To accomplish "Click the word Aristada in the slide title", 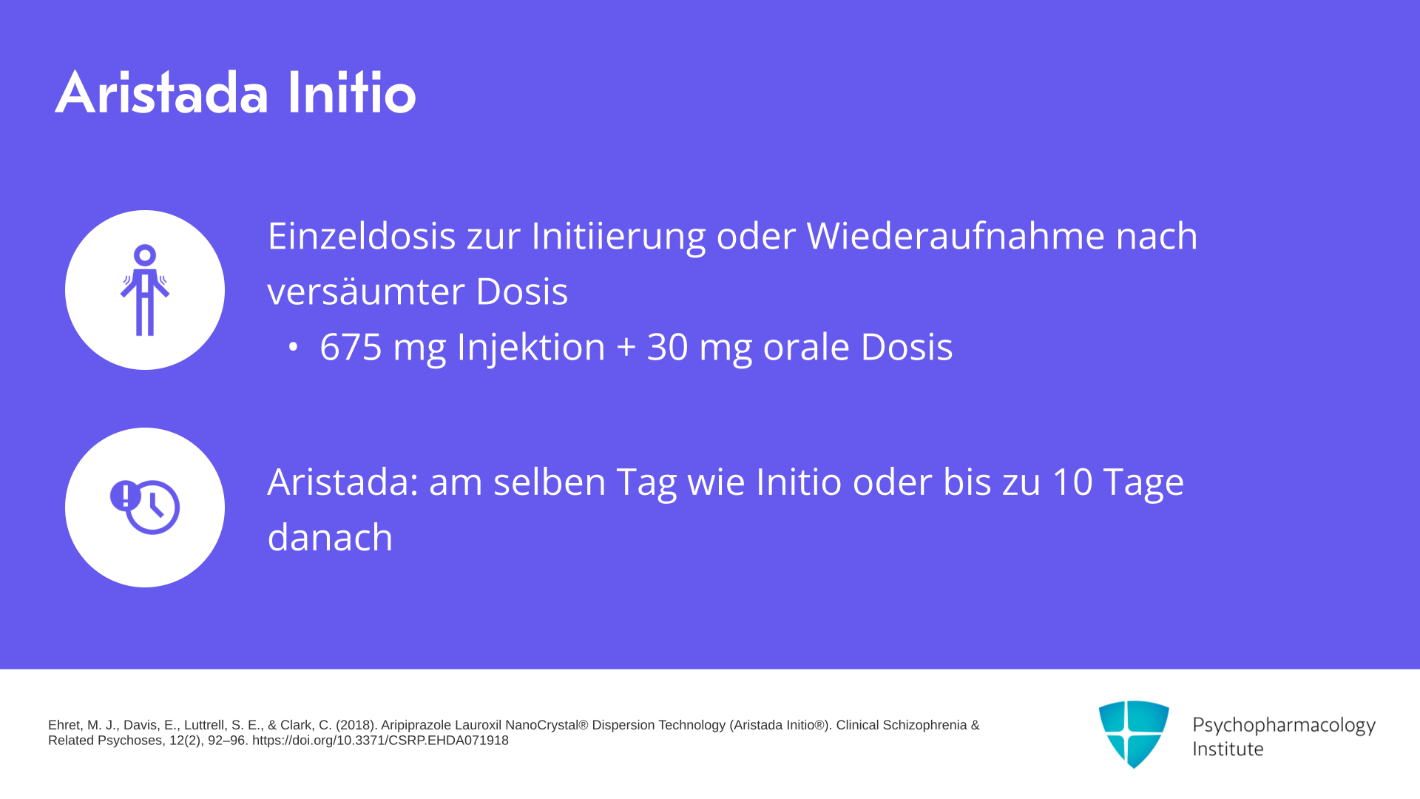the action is (x=161, y=92).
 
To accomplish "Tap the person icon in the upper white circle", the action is (x=145, y=290).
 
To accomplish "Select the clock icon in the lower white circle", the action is (x=145, y=508).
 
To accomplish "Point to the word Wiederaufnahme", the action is (x=956, y=236).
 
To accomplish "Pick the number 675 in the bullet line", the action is (x=351, y=347).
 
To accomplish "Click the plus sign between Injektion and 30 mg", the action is (x=626, y=348).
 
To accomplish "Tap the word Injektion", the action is (x=531, y=347).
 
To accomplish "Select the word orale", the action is (x=806, y=347).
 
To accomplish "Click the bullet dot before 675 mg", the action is (x=294, y=346).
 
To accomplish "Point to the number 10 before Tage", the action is (x=1072, y=482).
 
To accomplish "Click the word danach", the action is (x=330, y=538).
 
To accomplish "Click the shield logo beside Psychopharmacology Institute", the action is (x=1134, y=734).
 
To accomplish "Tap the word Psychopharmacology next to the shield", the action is (x=1284, y=726).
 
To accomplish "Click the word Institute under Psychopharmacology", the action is (x=1228, y=749).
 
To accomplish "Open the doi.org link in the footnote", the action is (x=380, y=741).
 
